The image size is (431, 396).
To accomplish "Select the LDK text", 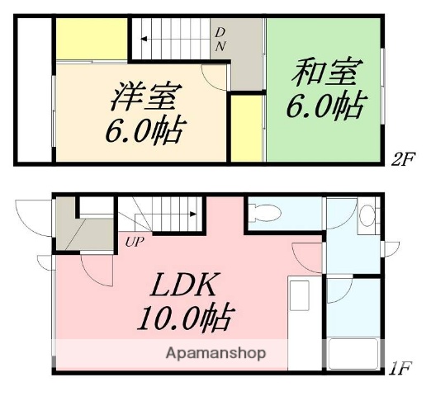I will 184,286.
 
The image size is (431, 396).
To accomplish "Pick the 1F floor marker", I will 401,365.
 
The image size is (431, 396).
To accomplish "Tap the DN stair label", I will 220,39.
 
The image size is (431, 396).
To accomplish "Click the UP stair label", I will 134,243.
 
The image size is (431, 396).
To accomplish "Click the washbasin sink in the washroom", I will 368,216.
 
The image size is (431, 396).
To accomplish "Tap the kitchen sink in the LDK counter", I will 298,295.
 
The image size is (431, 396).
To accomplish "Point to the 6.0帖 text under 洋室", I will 146,130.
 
